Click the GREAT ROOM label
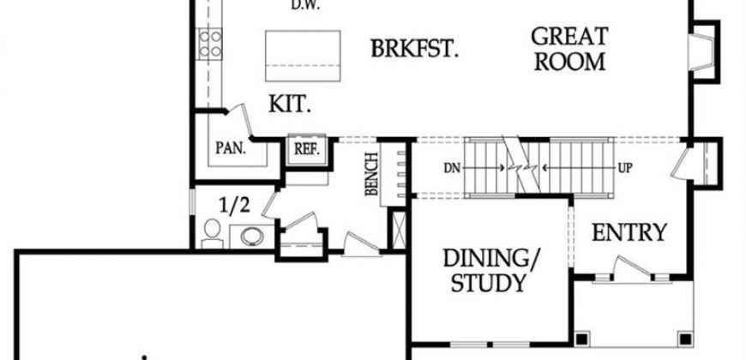(x=569, y=49)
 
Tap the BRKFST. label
(x=414, y=49)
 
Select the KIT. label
(x=290, y=105)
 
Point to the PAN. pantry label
(x=231, y=148)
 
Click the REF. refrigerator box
(x=307, y=149)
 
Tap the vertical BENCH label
(x=371, y=174)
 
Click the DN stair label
(x=452, y=168)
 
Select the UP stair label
(x=625, y=168)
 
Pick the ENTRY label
(x=629, y=232)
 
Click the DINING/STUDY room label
(x=491, y=270)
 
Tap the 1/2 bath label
(x=234, y=206)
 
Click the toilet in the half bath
(x=212, y=233)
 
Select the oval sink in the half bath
(x=252, y=237)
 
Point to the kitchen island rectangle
(x=303, y=56)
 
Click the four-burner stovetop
(x=209, y=44)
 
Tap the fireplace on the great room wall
(x=702, y=52)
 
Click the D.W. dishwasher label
(x=305, y=5)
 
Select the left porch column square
(x=581, y=339)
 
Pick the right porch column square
(x=684, y=339)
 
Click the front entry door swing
(x=631, y=267)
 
